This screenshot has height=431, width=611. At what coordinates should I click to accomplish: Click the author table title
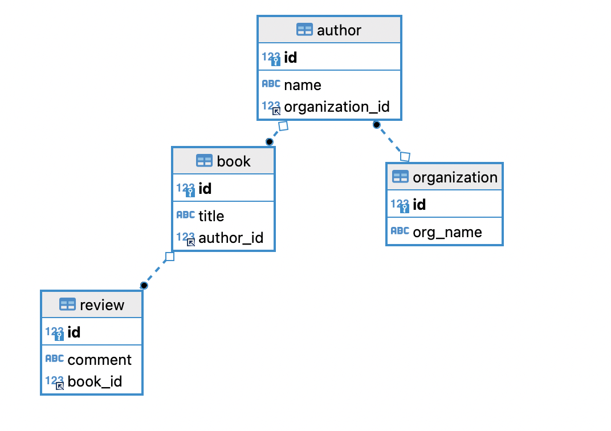tap(339, 30)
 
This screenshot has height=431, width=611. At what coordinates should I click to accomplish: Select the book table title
tap(234, 161)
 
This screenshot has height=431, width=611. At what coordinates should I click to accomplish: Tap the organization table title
tap(455, 177)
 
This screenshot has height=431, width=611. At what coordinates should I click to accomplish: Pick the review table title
tap(102, 305)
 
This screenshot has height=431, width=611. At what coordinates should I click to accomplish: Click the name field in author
tap(303, 85)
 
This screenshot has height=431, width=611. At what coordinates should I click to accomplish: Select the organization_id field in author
tap(336, 107)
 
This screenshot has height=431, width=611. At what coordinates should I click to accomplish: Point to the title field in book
tap(211, 216)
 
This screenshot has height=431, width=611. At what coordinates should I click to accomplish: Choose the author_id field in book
tap(231, 238)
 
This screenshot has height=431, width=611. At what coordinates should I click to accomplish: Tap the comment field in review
tap(99, 360)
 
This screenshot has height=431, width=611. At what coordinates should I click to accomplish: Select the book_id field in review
tap(95, 381)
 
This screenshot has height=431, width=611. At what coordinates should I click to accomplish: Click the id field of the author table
tap(290, 58)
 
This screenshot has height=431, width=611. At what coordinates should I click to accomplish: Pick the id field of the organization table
tap(419, 205)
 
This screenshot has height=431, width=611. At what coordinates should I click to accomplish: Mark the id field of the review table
tap(74, 332)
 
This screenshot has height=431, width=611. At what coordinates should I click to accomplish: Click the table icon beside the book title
tap(204, 161)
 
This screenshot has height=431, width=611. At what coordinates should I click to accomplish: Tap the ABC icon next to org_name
tap(400, 231)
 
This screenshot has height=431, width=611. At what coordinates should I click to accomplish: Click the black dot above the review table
tap(144, 285)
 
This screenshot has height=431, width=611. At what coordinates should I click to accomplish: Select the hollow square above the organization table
tap(405, 156)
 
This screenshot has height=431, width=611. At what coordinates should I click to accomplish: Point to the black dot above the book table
tap(269, 141)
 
